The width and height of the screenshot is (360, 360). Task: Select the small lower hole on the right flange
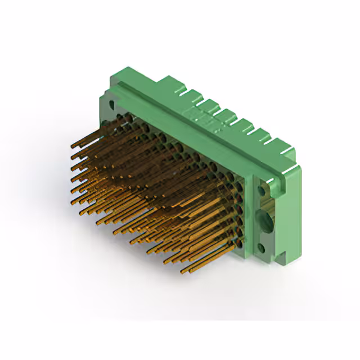pyautogui.click(x=262, y=246)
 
